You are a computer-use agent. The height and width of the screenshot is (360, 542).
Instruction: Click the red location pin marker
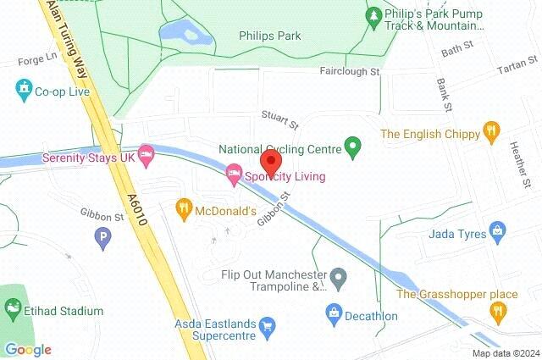[x=270, y=159]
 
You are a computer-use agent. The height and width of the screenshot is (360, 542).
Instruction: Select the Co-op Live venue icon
[x=22, y=88]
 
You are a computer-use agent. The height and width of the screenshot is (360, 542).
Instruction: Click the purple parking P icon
[x=104, y=239]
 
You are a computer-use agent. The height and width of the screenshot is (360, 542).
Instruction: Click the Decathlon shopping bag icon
[x=335, y=315]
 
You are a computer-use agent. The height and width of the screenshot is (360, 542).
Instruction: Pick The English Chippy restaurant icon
[x=491, y=132]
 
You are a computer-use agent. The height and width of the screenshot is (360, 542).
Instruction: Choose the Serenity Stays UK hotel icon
[x=147, y=153]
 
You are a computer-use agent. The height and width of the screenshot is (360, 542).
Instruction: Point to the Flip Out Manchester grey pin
[x=339, y=276]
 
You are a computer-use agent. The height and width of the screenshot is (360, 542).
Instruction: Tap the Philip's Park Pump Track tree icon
[x=373, y=17]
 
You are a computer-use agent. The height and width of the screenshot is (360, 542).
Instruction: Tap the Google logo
[x=27, y=349]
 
